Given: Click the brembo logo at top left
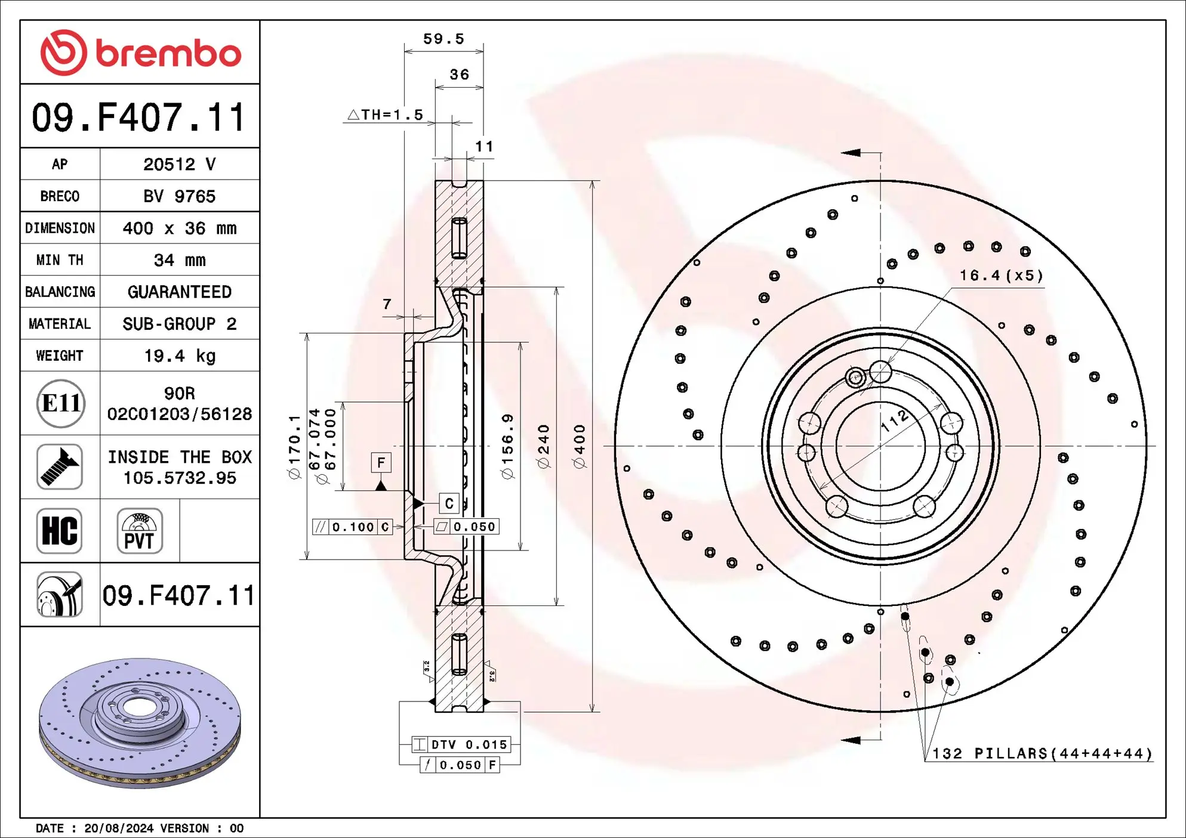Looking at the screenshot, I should [140, 52].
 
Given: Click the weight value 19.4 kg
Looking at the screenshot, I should [180, 356].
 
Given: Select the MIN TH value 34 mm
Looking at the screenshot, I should [180, 260].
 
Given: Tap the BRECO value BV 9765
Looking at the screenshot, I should [180, 196].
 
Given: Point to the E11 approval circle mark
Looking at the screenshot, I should [60, 404].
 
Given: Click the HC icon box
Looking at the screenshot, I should [60, 531].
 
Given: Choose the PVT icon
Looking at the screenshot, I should [140, 531].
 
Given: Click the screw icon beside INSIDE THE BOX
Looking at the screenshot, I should [60, 467].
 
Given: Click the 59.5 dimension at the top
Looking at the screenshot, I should [443, 39].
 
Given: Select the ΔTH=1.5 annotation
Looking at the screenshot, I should [386, 115].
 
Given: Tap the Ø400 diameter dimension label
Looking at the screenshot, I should [580, 446].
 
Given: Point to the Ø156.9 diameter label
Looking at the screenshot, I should [507, 446].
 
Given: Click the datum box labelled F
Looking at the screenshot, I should [381, 463].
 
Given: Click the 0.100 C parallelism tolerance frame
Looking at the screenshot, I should [353, 527].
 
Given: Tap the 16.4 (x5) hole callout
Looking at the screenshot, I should [1001, 276].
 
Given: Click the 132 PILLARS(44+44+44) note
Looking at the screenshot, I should [1042, 754].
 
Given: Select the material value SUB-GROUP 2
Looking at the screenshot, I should [180, 324].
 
